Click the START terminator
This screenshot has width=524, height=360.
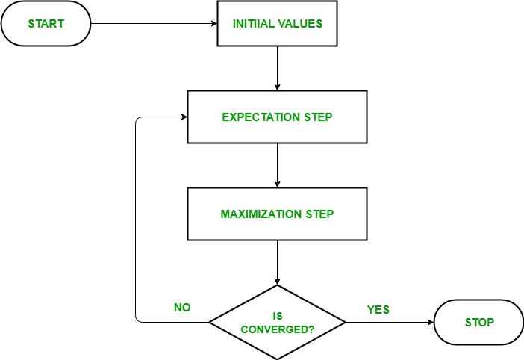pos(46,24)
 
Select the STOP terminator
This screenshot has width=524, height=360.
pos(478,323)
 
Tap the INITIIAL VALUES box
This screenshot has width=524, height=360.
pos(277,24)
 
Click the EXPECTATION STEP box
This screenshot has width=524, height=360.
pos(277,117)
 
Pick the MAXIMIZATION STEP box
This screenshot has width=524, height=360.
pos(277,214)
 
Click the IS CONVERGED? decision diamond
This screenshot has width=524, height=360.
pos(278,323)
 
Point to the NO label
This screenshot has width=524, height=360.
pos(181,307)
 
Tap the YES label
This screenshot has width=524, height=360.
pos(378,308)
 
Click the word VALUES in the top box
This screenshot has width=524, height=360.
pos(302,24)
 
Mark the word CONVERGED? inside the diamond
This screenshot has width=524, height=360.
pos(278,329)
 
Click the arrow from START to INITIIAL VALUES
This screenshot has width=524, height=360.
pos(153,24)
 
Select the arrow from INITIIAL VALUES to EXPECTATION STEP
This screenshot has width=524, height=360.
pos(277,69)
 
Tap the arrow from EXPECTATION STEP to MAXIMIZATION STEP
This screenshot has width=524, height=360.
pos(277,165)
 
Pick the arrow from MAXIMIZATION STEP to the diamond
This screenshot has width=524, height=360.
pos(277,262)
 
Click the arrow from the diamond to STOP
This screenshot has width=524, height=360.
pos(389,323)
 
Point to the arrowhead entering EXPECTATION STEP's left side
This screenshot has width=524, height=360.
pos(183,117)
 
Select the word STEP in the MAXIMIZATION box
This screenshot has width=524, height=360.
pos(319,214)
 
